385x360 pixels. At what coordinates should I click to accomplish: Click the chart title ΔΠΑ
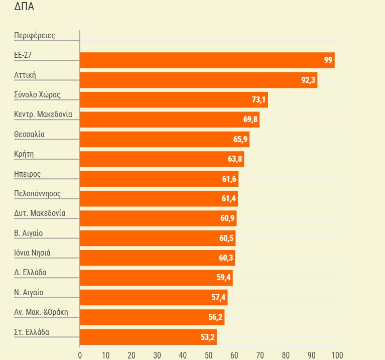click(x=24, y=7)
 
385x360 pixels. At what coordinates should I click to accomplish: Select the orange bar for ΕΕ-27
click(x=207, y=60)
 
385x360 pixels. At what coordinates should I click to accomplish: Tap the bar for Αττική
click(x=198, y=80)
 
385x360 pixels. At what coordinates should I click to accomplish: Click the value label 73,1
click(x=259, y=100)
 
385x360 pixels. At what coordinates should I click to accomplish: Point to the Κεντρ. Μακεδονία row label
click(x=43, y=114)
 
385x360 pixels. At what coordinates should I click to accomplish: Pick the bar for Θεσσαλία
click(x=165, y=139)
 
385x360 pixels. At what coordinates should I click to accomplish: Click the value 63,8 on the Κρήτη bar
click(x=235, y=159)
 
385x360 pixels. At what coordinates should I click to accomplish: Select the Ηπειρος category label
click(x=28, y=174)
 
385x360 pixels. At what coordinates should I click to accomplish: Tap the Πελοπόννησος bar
click(x=159, y=199)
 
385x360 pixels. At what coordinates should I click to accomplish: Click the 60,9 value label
click(x=227, y=218)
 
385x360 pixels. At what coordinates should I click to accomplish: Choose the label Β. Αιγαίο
click(x=29, y=233)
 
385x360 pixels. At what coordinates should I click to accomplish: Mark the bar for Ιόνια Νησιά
click(x=157, y=258)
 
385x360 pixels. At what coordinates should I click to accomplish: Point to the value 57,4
click(x=219, y=298)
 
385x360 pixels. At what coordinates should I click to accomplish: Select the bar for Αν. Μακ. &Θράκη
click(x=152, y=317)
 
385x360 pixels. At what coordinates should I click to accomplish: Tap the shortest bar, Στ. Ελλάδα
click(x=148, y=337)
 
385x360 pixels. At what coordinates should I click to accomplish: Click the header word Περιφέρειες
click(x=35, y=36)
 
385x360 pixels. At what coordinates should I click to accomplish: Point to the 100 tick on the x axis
click(x=337, y=355)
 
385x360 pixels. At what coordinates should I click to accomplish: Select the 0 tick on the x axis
click(x=80, y=355)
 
